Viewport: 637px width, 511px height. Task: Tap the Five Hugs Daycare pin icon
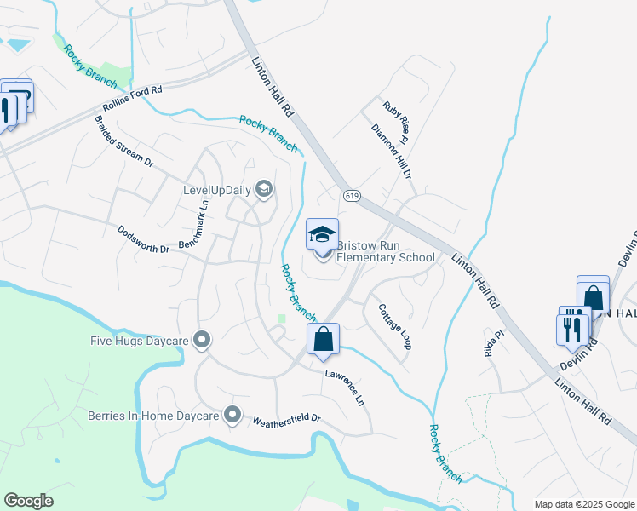(x=202, y=341)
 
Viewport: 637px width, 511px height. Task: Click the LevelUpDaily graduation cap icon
(x=264, y=188)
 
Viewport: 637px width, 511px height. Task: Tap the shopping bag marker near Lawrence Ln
(x=324, y=339)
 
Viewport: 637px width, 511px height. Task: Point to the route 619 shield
(x=353, y=196)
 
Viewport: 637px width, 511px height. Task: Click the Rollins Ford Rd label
(x=132, y=99)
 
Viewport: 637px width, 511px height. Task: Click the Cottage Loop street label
(x=395, y=326)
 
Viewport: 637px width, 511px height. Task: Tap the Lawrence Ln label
(x=345, y=388)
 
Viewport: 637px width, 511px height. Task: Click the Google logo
(x=29, y=501)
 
